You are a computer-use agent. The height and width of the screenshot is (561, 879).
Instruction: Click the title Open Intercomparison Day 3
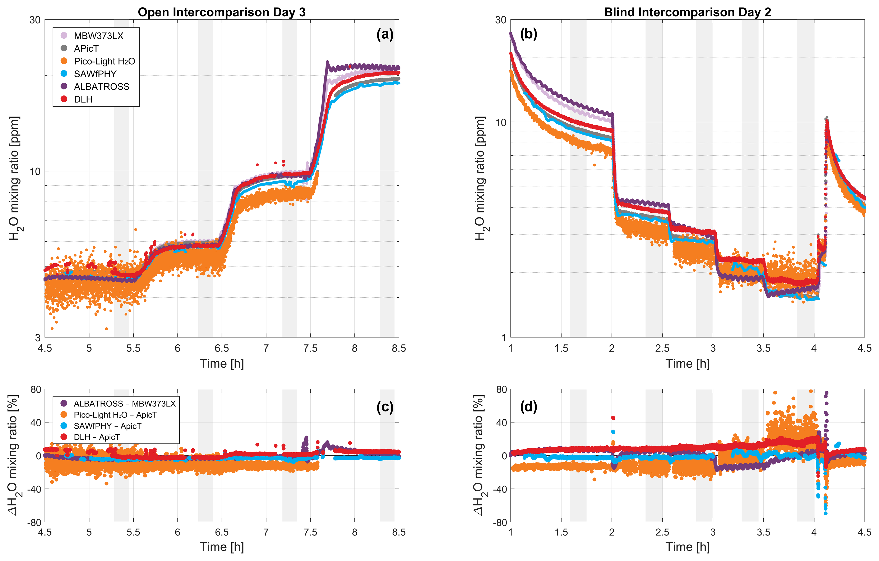[x=222, y=12]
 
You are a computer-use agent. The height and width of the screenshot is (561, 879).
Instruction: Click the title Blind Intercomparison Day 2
[x=687, y=12]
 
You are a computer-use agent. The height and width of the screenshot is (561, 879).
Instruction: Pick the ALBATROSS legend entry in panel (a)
[x=101, y=87]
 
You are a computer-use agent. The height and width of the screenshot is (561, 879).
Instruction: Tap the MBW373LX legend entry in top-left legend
[x=98, y=36]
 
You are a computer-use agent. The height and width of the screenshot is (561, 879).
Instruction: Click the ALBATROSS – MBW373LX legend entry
[x=124, y=404]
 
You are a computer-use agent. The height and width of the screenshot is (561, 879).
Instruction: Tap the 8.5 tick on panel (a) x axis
[x=399, y=348]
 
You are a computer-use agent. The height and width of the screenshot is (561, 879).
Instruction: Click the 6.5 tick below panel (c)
[x=222, y=532]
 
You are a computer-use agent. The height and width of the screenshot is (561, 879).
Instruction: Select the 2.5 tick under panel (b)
[x=662, y=348]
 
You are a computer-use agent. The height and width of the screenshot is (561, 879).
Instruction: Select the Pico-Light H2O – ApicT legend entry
[x=115, y=415]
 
